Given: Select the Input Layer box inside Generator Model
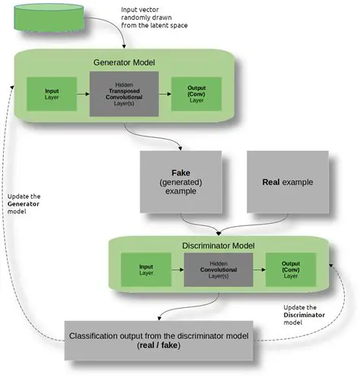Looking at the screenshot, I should click(x=51, y=95).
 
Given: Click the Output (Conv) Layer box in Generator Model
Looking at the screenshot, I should click(x=195, y=95).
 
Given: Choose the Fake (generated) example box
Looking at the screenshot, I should click(x=180, y=182).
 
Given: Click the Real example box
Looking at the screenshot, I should click(x=287, y=182).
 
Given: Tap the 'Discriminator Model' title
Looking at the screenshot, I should click(x=219, y=245).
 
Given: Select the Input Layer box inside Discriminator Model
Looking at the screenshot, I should click(x=147, y=272).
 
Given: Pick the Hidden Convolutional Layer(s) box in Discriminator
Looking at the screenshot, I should click(x=219, y=272).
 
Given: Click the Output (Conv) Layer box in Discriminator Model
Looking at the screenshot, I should click(x=291, y=272).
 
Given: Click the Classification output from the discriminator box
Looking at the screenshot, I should click(x=169, y=339).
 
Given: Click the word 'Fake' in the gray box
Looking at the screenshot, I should click(x=180, y=171).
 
